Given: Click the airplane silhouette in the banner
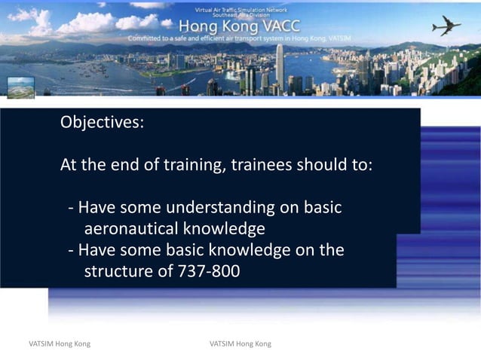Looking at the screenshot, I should pyautogui.click(x=446, y=26).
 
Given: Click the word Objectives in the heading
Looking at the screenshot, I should pyautogui.click(x=102, y=123).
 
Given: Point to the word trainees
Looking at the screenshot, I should pyautogui.click(x=262, y=164).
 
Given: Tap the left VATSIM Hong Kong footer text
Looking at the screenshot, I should pyautogui.click(x=60, y=343).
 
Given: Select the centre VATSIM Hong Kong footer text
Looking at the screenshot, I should pyautogui.click(x=240, y=343).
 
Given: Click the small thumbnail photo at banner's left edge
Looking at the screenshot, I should pyautogui.click(x=20, y=87).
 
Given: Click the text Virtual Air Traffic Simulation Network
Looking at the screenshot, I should pyautogui.click(x=240, y=10).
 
